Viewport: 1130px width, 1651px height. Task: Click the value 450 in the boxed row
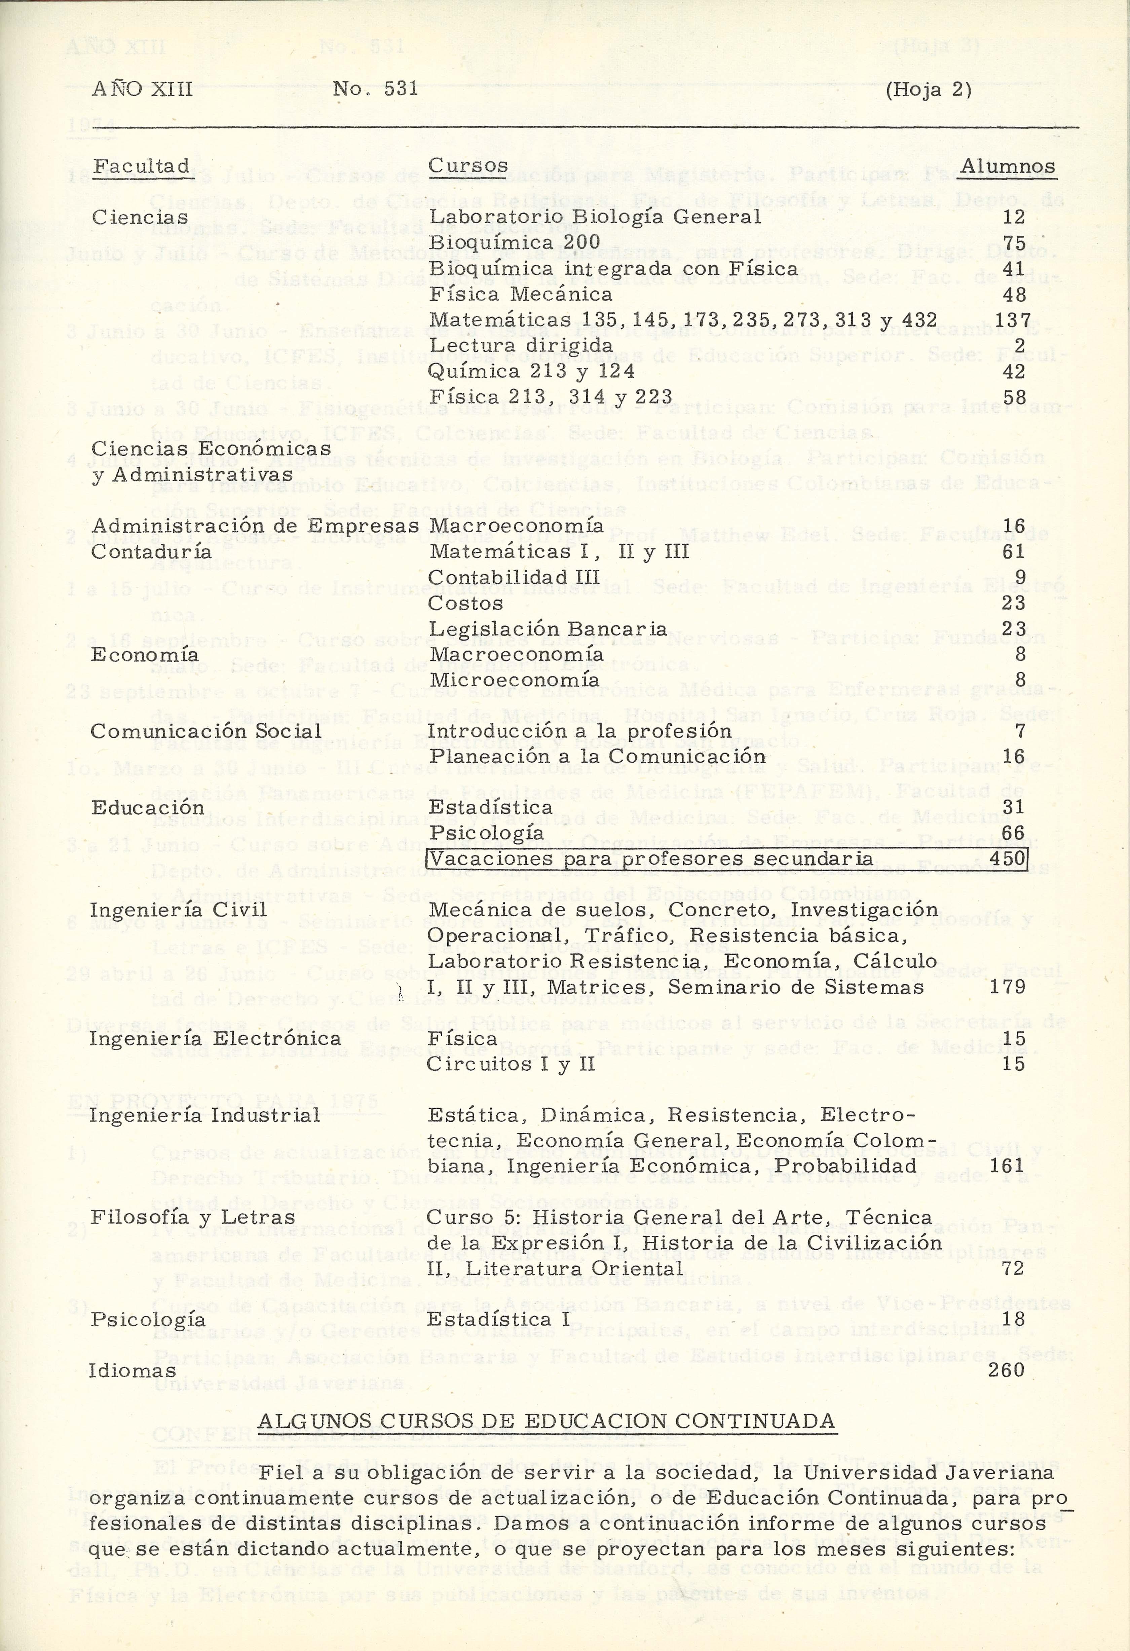coord(1007,858)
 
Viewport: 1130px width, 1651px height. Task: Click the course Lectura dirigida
coord(521,346)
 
